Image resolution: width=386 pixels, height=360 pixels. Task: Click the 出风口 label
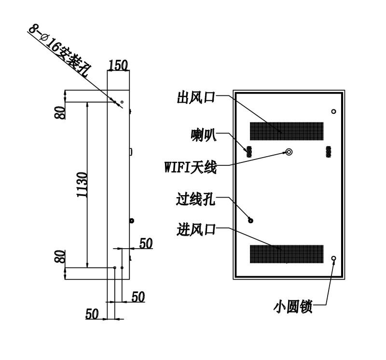[196, 97]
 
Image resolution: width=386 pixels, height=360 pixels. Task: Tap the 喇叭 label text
[204, 135]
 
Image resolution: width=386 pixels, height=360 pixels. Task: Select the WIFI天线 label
[191, 167]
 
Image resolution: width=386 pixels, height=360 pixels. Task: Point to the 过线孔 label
[195, 199]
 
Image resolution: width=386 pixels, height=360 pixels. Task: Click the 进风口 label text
[196, 230]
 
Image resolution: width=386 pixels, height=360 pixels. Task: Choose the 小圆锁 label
[293, 307]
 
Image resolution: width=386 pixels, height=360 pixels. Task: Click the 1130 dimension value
[82, 185]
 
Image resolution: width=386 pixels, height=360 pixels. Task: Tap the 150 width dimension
[118, 66]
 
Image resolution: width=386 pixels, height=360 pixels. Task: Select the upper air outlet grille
[287, 131]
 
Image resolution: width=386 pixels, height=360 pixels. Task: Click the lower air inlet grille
[287, 254]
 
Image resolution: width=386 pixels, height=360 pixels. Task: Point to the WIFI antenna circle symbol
[289, 152]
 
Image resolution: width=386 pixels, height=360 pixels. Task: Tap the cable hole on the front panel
[250, 221]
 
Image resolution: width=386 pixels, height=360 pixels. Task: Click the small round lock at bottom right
[334, 258]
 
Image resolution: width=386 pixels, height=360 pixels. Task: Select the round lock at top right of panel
[333, 111]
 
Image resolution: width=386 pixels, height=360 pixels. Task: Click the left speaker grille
[249, 152]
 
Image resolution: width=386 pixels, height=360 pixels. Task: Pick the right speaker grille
[329, 152]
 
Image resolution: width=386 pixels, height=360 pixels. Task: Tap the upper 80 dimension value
[60, 113]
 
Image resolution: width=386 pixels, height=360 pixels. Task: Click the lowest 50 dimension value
[92, 314]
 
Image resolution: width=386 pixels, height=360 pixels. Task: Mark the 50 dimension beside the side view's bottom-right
[146, 243]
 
